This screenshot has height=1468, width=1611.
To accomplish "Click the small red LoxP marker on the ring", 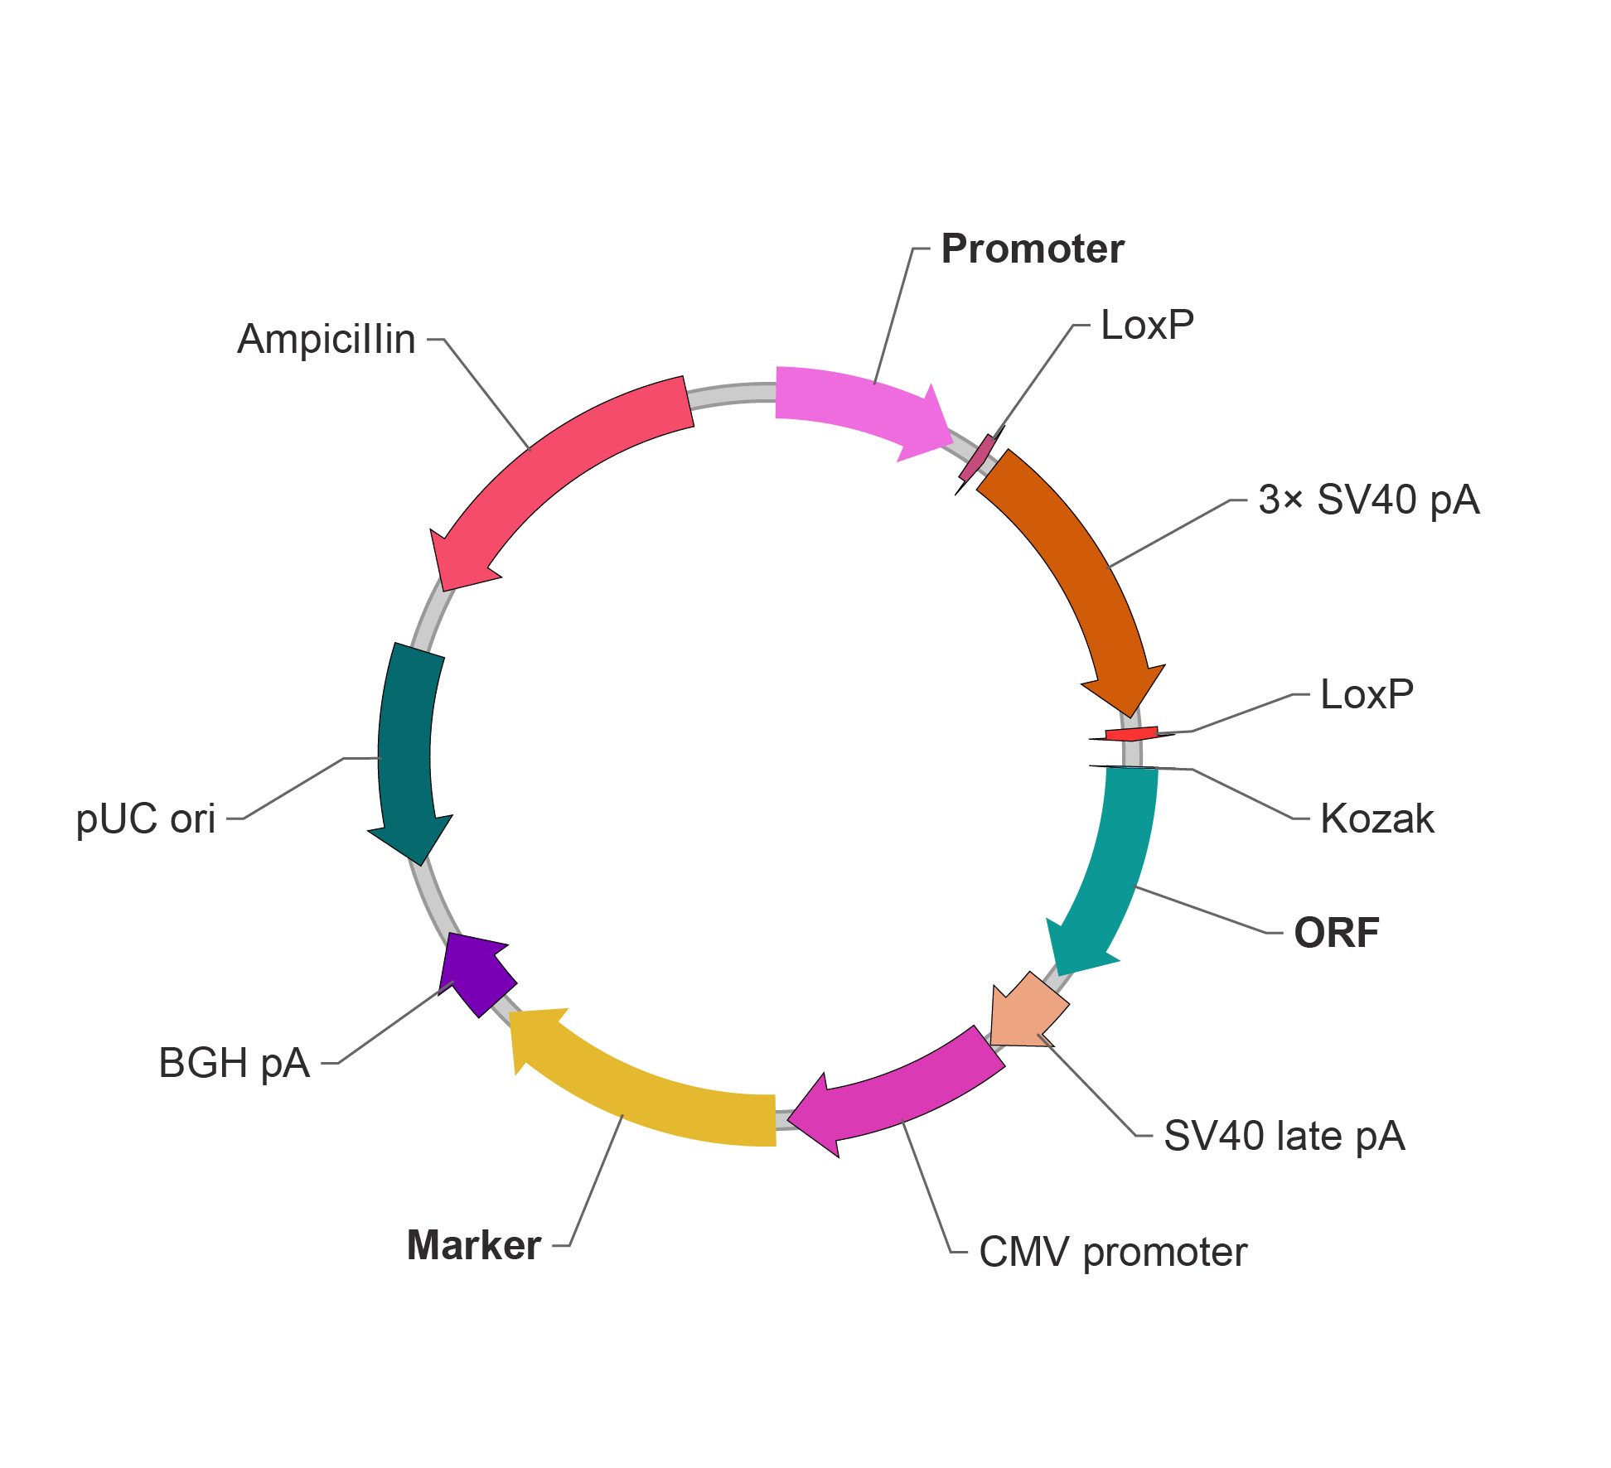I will [x=1131, y=734].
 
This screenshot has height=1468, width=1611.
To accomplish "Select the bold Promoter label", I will [x=1033, y=249].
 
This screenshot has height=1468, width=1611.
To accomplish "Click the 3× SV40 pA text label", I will [x=1368, y=500].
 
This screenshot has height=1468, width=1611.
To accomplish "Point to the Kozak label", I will [x=1376, y=819].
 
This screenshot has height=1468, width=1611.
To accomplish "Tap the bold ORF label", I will [x=1337, y=933].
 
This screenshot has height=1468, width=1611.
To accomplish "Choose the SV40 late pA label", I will [x=1284, y=1136].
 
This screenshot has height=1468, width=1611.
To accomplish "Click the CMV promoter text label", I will [x=1112, y=1253].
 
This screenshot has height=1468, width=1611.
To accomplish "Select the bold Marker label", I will [x=474, y=1246].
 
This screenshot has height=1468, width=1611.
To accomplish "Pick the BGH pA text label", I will [x=234, y=1064].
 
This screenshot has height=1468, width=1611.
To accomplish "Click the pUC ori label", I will [x=146, y=819].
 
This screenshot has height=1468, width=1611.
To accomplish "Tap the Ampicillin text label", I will [x=327, y=340].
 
